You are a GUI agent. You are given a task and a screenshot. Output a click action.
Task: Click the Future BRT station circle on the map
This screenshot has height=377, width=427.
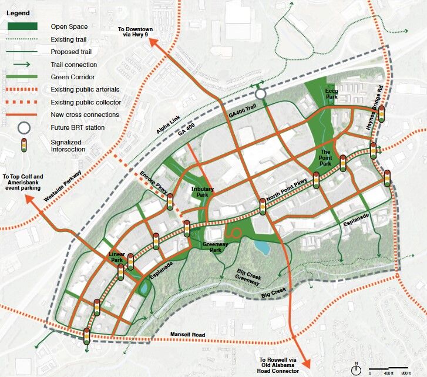click(x=261, y=94)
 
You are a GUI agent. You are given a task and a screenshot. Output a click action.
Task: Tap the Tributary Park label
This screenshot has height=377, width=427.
click(x=202, y=191)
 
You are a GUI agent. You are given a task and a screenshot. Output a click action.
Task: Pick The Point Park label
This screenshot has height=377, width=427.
click(x=327, y=156)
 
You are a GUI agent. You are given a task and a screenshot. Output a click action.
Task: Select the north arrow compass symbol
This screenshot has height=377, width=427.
click(x=356, y=369)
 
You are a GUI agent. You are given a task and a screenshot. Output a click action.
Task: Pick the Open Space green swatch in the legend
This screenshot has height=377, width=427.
click(x=23, y=26)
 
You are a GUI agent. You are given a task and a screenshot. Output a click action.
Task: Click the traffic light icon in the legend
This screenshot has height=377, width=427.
click(x=23, y=145)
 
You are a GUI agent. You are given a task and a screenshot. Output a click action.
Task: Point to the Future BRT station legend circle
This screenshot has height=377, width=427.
click(x=23, y=127)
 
